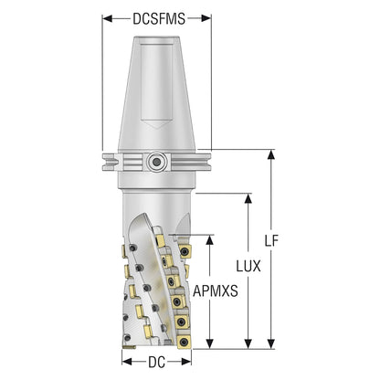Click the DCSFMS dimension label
pos(159,19)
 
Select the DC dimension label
pos(157,363)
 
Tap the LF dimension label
pos(271,241)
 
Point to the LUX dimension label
pos(248,266)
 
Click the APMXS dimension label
pos(216,291)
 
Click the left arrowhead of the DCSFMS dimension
pos(108,19)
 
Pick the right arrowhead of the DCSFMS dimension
pos(206,19)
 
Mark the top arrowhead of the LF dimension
pos(270,154)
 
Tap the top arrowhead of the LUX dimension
pos(248,198)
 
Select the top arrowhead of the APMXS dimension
pos(209,240)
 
